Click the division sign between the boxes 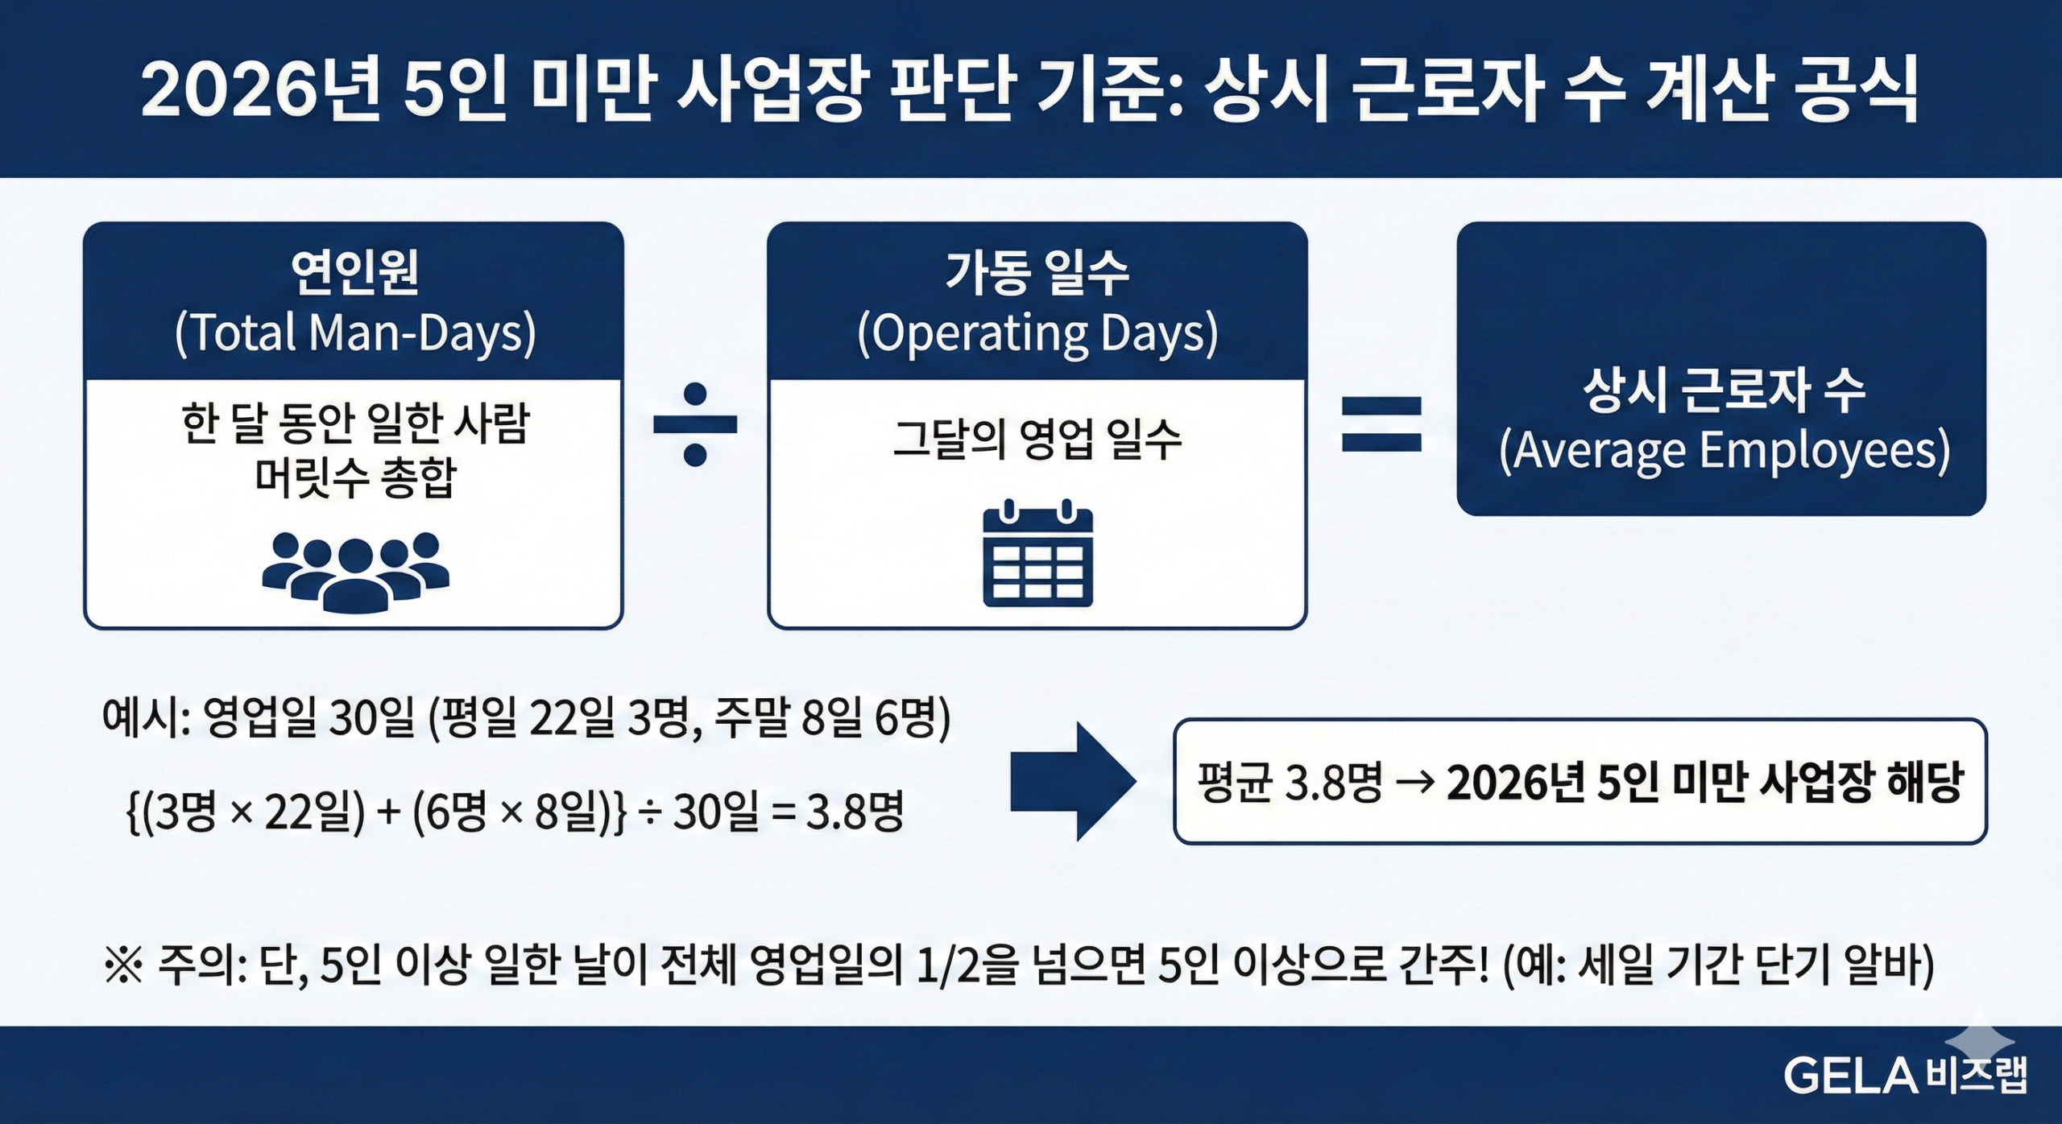[x=694, y=424]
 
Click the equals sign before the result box [x=1381, y=424]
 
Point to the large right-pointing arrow [x=1072, y=781]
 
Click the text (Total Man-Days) [x=355, y=333]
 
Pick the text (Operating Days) [x=1037, y=333]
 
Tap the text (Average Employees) [x=1724, y=451]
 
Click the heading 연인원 [x=355, y=272]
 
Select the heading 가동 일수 [x=1037, y=272]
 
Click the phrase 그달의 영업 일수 [x=1037, y=440]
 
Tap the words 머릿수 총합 [x=355, y=478]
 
